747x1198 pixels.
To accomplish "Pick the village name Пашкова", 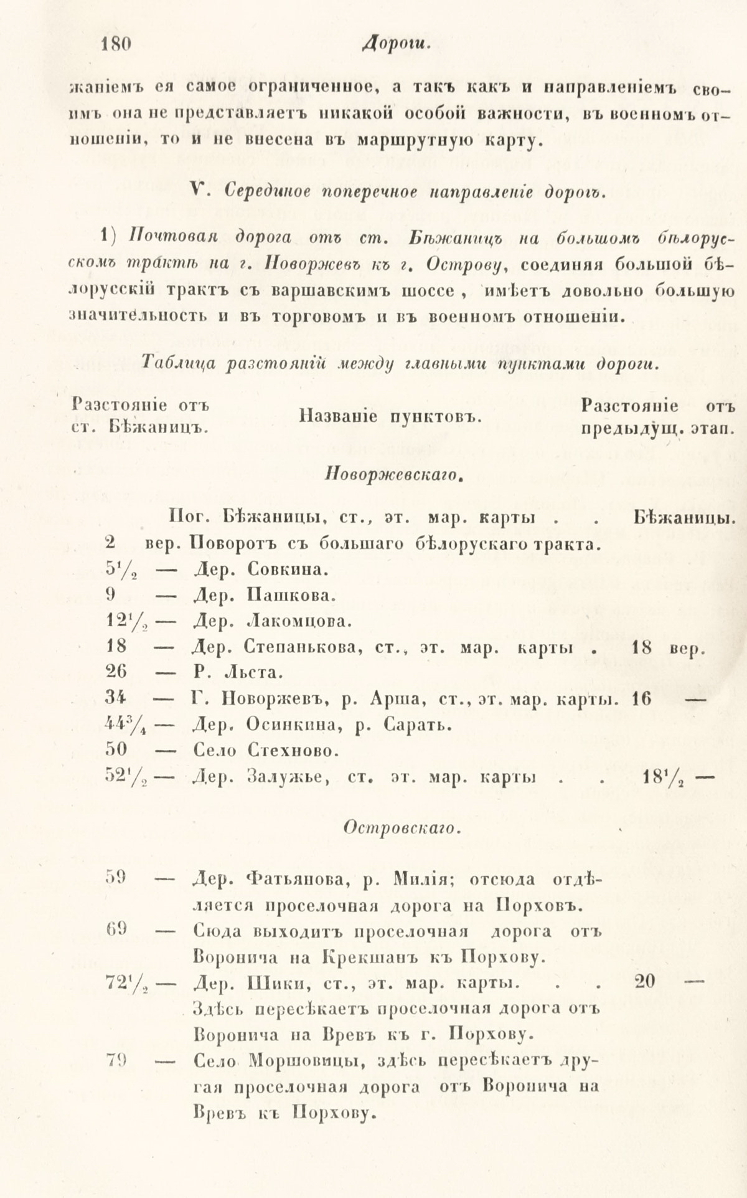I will coord(291,595).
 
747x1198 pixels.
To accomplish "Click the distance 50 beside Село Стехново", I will coord(116,751).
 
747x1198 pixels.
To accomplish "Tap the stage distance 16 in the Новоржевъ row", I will coord(641,698).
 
